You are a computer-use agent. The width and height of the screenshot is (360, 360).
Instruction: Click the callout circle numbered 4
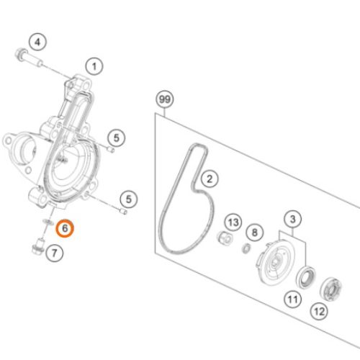click(x=37, y=42)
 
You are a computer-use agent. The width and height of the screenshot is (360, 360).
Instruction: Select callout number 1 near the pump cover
click(x=94, y=66)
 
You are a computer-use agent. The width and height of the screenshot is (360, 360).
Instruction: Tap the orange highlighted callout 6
click(x=65, y=228)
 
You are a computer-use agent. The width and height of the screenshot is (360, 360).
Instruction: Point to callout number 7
click(x=55, y=253)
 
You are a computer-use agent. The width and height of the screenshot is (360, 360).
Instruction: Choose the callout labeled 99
click(x=165, y=99)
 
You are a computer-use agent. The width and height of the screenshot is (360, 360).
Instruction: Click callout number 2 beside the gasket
click(x=210, y=179)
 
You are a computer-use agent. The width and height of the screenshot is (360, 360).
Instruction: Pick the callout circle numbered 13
click(x=233, y=222)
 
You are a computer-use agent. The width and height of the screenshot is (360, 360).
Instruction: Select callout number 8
click(x=255, y=233)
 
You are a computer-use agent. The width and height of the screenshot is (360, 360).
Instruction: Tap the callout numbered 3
click(x=293, y=219)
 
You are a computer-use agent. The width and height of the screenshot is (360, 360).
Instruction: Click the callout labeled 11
click(x=293, y=300)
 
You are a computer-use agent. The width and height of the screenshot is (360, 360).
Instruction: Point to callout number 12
click(x=319, y=311)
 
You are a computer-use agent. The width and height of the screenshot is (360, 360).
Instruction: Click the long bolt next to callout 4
click(x=29, y=58)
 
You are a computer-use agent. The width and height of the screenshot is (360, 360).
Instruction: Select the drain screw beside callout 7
click(x=38, y=245)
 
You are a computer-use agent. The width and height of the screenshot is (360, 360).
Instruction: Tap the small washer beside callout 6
click(x=48, y=222)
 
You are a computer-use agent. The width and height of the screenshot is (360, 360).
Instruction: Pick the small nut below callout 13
click(x=225, y=238)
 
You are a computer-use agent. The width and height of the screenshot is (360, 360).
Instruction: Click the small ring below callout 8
click(x=246, y=248)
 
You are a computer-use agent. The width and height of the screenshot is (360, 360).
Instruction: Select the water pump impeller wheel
click(x=275, y=263)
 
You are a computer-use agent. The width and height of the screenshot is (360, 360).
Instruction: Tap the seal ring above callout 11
click(x=306, y=277)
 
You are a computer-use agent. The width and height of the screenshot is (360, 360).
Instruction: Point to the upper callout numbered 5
click(x=117, y=138)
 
